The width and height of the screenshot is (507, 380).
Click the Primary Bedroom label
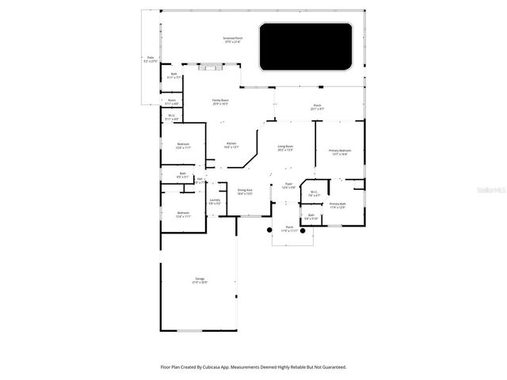(x=341, y=150)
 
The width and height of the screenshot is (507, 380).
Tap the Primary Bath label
(x=337, y=205)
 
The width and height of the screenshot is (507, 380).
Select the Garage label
(x=200, y=280)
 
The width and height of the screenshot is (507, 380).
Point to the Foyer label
(x=289, y=186)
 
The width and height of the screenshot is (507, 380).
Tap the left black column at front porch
(x=269, y=230)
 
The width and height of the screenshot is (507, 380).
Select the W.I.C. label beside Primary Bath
(x=314, y=192)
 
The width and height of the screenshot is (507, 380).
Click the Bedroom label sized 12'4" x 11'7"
(x=183, y=145)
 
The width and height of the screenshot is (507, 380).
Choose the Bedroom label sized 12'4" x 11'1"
(x=183, y=214)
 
